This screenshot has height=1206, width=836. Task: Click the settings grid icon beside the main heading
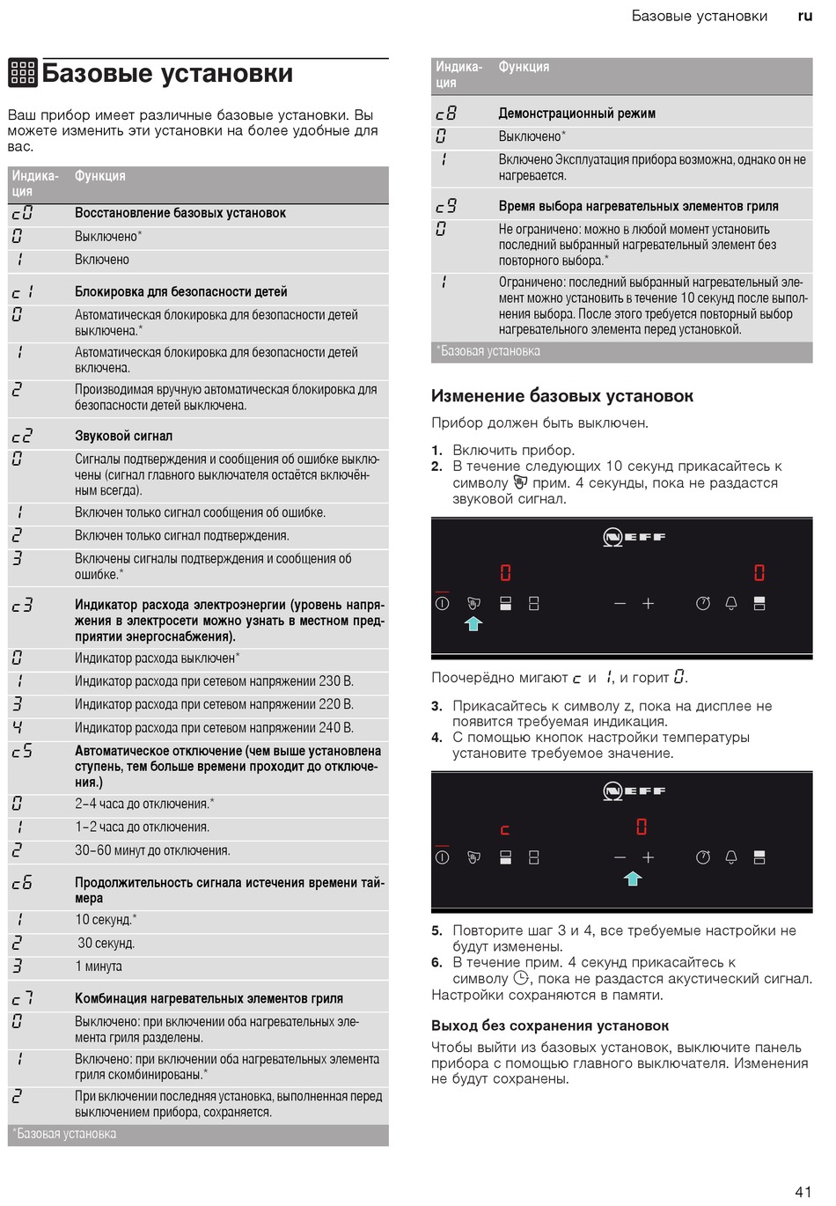(x=23, y=73)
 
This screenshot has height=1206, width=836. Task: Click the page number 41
(x=803, y=1191)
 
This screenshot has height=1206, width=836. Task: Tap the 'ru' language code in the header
(x=804, y=16)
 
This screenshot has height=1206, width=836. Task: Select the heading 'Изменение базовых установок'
(x=562, y=396)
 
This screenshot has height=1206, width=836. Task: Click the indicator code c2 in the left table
(x=22, y=436)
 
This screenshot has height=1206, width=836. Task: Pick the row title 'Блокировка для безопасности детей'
(x=181, y=291)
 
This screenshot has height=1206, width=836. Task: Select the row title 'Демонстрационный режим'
(x=576, y=114)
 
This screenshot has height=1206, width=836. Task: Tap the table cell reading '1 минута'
(x=99, y=967)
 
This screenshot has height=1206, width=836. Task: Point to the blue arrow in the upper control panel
(x=473, y=623)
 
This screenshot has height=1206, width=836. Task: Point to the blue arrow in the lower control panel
(x=632, y=877)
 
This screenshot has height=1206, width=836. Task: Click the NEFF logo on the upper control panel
(x=634, y=536)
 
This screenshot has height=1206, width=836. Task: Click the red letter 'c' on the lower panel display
(x=505, y=829)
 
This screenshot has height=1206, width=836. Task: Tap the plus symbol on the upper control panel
(x=649, y=603)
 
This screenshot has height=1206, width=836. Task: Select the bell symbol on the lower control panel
(x=730, y=857)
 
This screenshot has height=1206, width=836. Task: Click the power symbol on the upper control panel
(x=442, y=603)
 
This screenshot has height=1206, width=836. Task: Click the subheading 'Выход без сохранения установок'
(x=550, y=1026)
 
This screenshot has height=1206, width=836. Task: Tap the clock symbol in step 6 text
(x=521, y=978)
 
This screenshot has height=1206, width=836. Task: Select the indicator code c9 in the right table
(x=446, y=206)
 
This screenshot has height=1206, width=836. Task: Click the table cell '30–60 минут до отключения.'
(x=152, y=850)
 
